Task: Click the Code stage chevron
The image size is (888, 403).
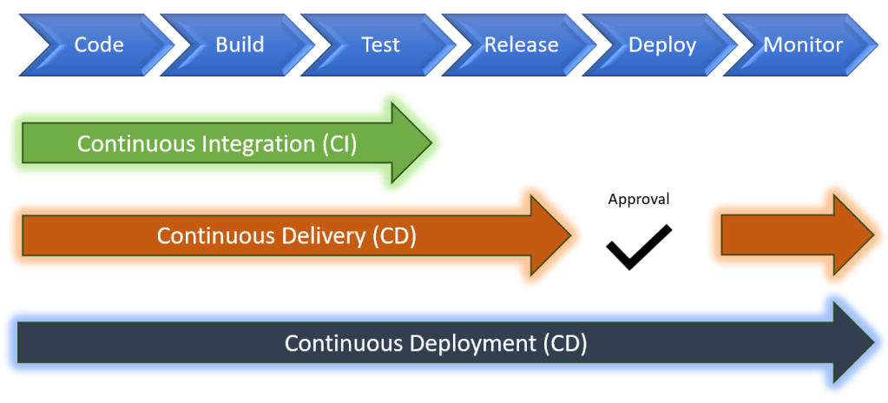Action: coord(99,44)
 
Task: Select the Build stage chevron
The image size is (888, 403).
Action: coord(240,44)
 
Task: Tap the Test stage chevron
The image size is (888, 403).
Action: coord(380,44)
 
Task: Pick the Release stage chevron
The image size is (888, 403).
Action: coord(521,44)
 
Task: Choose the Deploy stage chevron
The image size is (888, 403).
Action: coord(661,44)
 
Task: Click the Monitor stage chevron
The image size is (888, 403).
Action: coord(803,44)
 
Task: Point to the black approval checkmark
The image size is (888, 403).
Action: coord(638,247)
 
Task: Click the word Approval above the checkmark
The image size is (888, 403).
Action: coord(638,199)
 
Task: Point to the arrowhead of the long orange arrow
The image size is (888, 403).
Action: coord(547,235)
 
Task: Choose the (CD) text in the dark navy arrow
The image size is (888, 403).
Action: coord(565,343)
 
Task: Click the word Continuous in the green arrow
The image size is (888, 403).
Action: coord(129,143)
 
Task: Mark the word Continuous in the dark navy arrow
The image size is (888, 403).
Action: coord(337,343)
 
